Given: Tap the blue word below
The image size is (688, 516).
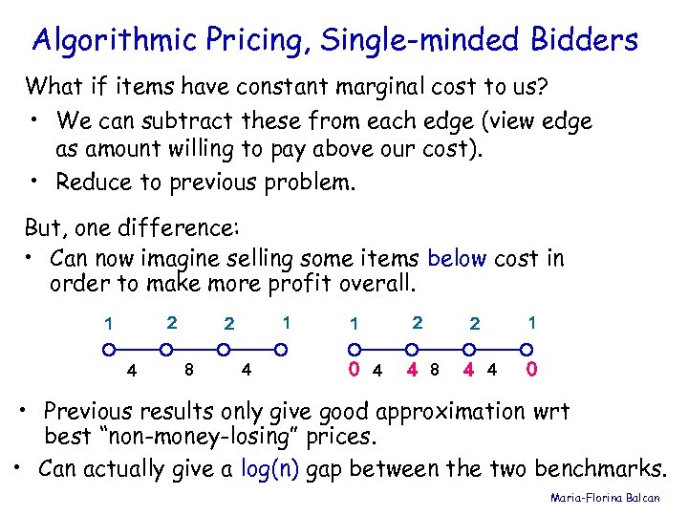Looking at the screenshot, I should (457, 259).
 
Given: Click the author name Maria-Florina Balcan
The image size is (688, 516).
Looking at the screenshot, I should (613, 498).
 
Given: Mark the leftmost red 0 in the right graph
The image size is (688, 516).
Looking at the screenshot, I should (354, 368).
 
